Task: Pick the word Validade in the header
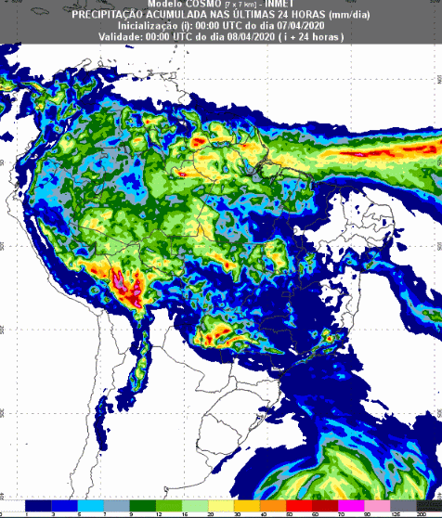coord(122,36)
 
